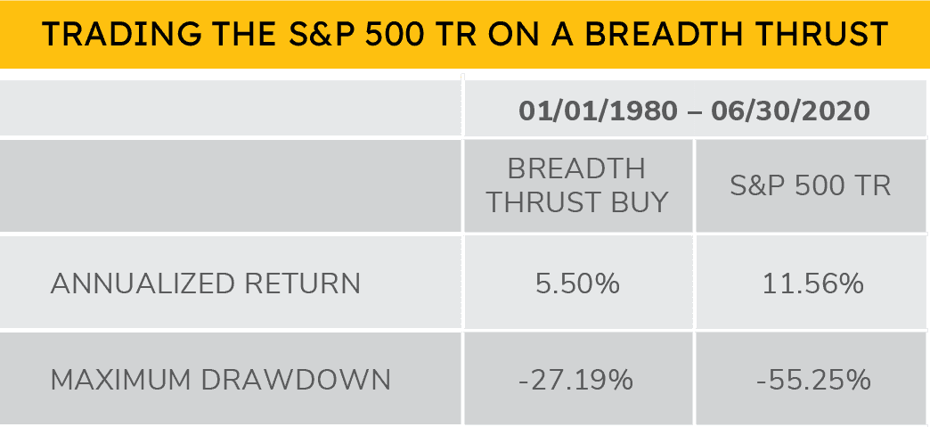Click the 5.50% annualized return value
tap(576, 284)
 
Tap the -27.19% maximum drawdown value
tap(576, 380)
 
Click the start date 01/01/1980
tap(592, 112)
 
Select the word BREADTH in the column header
tap(576, 168)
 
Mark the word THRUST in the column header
tap(541, 202)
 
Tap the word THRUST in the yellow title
tap(814, 34)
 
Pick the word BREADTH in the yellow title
tap(647, 34)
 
